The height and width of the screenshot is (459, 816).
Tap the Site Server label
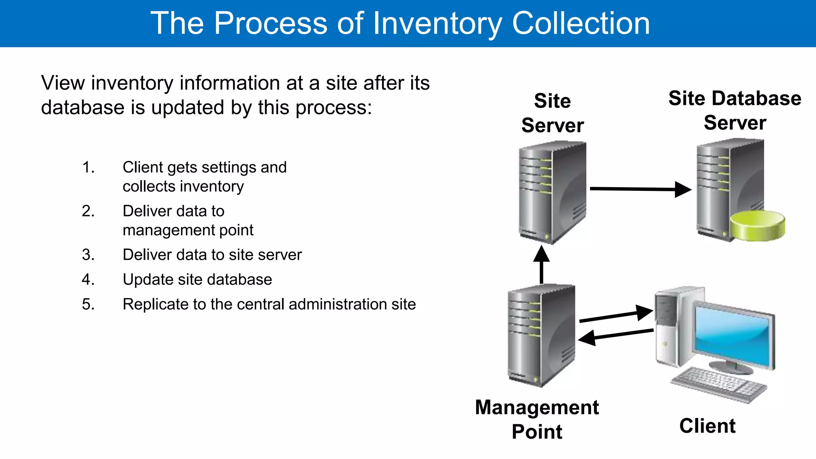pyautogui.click(x=553, y=113)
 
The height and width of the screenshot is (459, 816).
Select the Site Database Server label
pyautogui.click(x=735, y=110)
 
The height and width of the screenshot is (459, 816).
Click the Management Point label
pyautogui.click(x=537, y=419)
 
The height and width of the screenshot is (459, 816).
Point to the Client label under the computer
pyautogui.click(x=707, y=426)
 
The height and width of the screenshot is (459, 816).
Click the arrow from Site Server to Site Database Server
pyautogui.click(x=637, y=189)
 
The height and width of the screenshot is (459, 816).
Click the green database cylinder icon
pyautogui.click(x=757, y=226)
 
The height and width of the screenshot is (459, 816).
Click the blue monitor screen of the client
pyautogui.click(x=733, y=335)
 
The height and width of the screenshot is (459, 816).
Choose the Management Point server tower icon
pyautogui.click(x=541, y=335)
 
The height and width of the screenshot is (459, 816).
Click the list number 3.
pyautogui.click(x=88, y=255)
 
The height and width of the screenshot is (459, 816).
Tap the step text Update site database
pyautogui.click(x=197, y=280)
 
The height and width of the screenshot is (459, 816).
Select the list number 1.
pyautogui.click(x=88, y=167)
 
